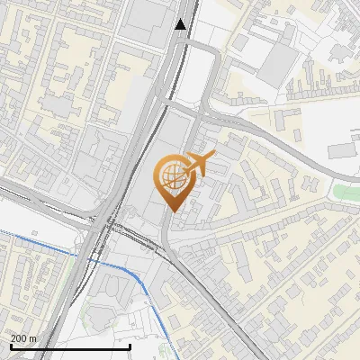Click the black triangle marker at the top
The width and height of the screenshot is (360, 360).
[182, 24]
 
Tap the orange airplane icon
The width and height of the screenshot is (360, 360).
[199, 166]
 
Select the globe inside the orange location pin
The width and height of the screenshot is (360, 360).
[172, 177]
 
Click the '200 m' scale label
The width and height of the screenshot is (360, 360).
[23, 338]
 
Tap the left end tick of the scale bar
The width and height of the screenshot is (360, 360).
[10, 346]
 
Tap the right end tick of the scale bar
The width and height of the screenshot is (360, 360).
[130, 346]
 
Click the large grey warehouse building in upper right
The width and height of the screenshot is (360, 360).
[279, 63]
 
